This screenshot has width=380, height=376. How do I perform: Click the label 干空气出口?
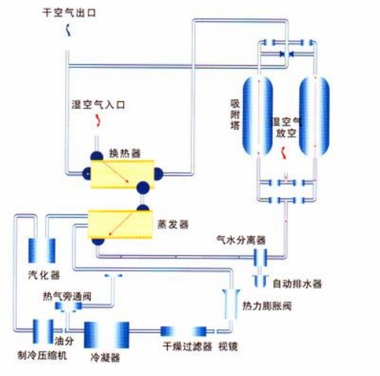click(70, 13)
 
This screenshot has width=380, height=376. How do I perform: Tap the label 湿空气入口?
click(98, 104)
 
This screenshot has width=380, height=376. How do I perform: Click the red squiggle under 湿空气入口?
click(98, 120)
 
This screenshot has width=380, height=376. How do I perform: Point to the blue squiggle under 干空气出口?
click(68, 30)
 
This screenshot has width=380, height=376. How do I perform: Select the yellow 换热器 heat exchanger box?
click(122, 174)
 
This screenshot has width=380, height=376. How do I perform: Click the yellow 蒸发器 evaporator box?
click(120, 224)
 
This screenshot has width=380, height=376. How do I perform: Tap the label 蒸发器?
click(173, 224)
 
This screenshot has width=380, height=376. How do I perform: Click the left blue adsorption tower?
click(258, 116)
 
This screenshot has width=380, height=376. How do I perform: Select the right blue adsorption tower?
click(314, 116)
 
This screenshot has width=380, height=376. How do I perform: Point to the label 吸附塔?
click(235, 114)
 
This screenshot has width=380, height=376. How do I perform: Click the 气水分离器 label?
click(241, 240)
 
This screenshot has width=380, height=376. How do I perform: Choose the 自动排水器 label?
click(298, 284)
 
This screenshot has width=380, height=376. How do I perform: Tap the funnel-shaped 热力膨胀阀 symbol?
click(231, 304)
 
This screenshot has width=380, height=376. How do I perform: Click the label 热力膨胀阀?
click(267, 306)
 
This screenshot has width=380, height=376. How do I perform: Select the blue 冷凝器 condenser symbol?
click(107, 334)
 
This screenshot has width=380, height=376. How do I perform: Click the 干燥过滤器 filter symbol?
click(184, 331)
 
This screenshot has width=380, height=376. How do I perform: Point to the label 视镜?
click(228, 347)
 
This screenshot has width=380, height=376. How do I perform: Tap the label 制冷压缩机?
click(42, 356)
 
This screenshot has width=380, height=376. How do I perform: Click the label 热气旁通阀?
click(67, 297)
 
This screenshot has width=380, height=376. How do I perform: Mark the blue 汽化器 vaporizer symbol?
click(42, 251)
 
